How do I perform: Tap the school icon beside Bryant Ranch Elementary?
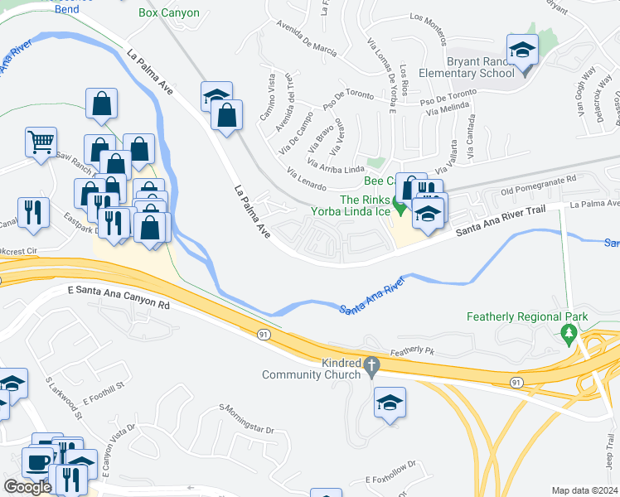[522, 51]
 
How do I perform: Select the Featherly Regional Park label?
[526, 316]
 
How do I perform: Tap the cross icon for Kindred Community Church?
[371, 364]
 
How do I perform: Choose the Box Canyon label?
[169, 13]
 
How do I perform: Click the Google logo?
[27, 487]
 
